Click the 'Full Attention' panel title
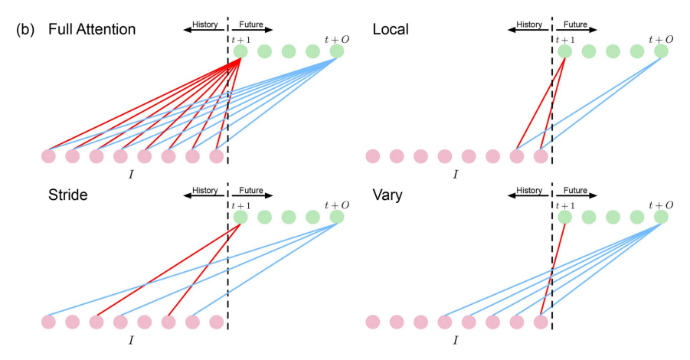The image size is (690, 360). pos(91,30)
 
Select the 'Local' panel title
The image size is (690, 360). pos(391,30)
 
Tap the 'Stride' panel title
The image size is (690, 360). pos(67,195)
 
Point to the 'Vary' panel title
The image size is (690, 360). pos(388,195)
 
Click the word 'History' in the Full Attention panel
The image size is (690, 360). pos(204,25)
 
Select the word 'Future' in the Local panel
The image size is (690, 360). pos(574,25)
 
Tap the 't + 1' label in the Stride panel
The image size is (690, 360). pos(241,205)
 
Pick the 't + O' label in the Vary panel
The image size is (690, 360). pos(660,205)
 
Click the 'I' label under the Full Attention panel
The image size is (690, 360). pos(131,175)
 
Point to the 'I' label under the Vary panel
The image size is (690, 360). pos(455,339)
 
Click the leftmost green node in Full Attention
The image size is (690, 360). pos(240,51)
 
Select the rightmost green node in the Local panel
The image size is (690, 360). pos(661,51)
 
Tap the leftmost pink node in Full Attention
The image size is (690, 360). pos(48,156)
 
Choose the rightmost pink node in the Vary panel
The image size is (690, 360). pos(541,321)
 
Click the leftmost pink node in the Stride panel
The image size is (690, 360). pos(48,321)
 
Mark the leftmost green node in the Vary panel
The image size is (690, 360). pos(565,217)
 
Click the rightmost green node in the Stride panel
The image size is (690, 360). pos(337,217)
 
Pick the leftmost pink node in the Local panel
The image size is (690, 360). pos(373,156)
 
